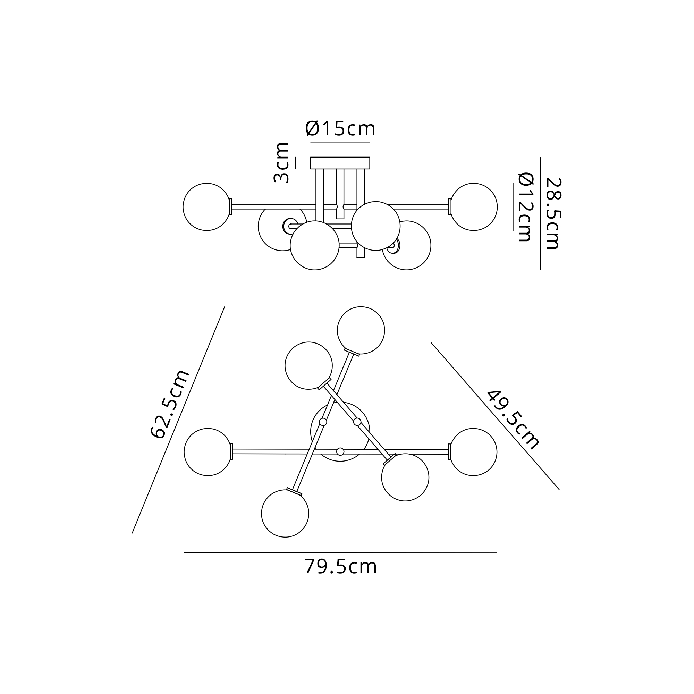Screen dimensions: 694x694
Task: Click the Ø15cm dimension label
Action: coord(340,128)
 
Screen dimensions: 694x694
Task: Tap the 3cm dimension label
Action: coord(282,163)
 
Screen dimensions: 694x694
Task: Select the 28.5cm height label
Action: coord(553,213)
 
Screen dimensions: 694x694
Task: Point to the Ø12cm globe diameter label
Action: coord(525,207)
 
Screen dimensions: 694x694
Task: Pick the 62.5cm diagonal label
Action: coord(170,404)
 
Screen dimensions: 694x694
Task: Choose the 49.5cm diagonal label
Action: coord(513,420)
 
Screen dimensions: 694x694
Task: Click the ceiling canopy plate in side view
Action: coord(340,163)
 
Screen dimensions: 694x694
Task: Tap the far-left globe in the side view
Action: coord(206,207)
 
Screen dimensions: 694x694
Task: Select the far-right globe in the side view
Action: coord(473,207)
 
